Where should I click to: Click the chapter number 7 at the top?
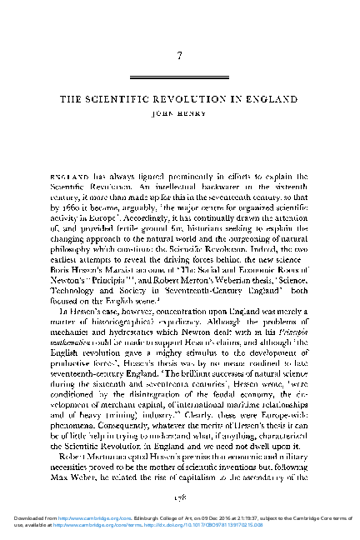(x=180, y=56)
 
